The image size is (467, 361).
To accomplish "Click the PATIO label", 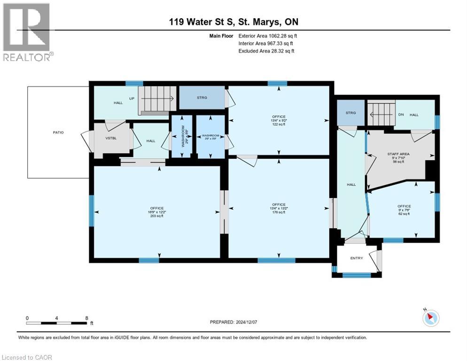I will (x=58, y=133).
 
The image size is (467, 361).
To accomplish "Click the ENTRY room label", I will (x=357, y=258).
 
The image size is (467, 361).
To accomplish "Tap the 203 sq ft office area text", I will (x=157, y=217).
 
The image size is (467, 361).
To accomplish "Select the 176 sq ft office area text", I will (x=279, y=212).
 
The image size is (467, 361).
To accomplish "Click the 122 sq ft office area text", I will (x=279, y=125).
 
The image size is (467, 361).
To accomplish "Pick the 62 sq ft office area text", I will (x=404, y=214).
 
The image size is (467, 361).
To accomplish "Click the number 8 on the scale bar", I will (x=87, y=318).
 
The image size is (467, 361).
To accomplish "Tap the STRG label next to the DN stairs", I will (x=350, y=113).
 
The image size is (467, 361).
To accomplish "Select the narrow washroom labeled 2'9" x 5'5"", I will (x=178, y=136).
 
